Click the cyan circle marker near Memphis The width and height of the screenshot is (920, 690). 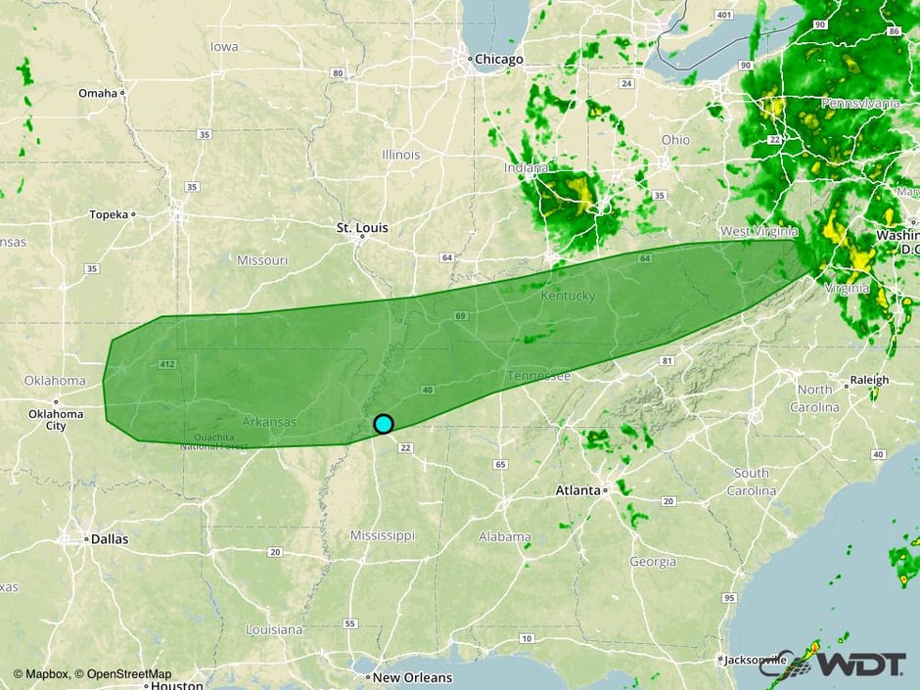384,424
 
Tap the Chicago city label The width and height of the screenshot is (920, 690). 499,60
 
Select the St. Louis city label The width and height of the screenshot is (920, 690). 362,228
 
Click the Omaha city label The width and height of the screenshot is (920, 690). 97,93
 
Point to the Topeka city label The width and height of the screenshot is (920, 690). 109,214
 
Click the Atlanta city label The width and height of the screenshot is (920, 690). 577,489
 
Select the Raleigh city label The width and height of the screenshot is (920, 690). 870,380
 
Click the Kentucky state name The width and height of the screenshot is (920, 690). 568,296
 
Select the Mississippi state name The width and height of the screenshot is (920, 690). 383,535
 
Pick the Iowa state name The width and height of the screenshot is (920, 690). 224,47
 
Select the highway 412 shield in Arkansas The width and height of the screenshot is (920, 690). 164,365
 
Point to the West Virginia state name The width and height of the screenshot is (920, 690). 759,231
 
